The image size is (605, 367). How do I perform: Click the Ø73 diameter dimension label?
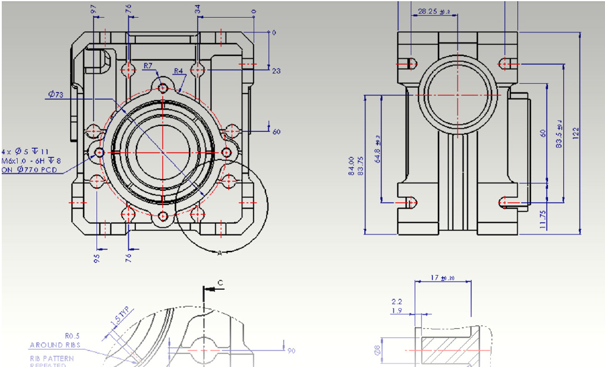[x=56, y=94]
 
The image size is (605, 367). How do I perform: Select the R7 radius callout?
[x=148, y=65]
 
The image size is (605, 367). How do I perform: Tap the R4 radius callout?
[x=179, y=71]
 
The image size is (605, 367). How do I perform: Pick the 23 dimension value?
[x=276, y=71]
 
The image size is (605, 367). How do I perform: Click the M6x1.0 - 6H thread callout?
[x=30, y=160]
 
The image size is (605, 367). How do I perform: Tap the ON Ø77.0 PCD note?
[x=29, y=170]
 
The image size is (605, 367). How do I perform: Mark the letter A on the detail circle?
[x=220, y=253]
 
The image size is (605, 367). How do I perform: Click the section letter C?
[x=220, y=283]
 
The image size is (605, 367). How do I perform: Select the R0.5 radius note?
[x=72, y=337]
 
